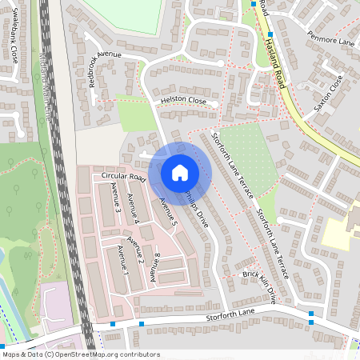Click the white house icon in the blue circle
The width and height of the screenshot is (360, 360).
180,172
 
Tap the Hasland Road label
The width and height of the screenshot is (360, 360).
274,56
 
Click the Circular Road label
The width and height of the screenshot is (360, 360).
122,176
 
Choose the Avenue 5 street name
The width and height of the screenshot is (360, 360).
166,210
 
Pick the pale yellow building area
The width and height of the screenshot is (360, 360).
340,232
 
